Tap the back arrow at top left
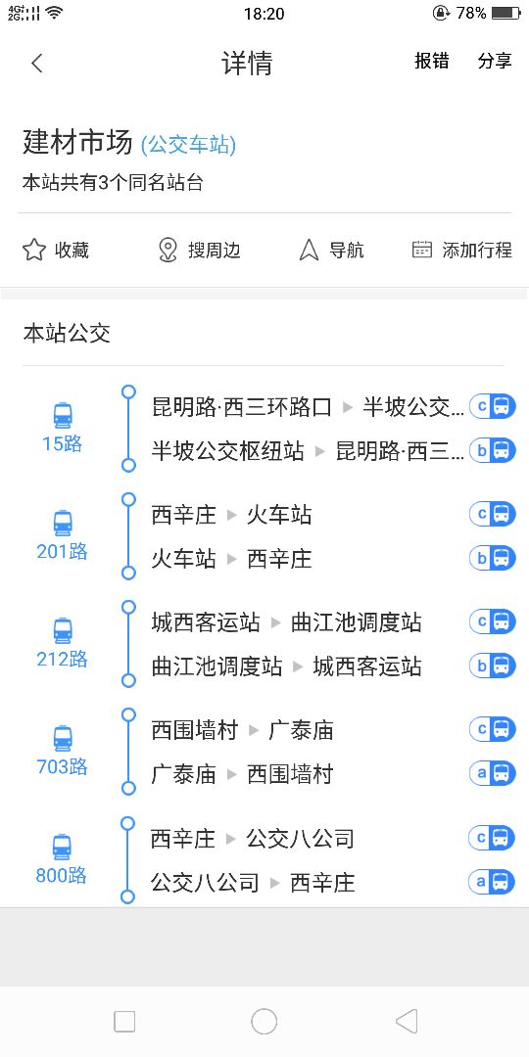click(37, 64)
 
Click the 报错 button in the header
click(432, 61)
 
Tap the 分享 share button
click(495, 61)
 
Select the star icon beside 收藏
click(33, 251)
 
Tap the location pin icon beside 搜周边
click(168, 251)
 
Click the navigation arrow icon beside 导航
click(309, 251)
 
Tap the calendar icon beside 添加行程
click(421, 250)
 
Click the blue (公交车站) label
click(188, 144)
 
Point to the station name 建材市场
click(77, 142)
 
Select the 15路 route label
click(62, 443)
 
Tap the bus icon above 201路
click(62, 523)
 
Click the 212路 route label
click(62, 659)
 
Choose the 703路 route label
click(62, 766)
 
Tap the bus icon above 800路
click(62, 847)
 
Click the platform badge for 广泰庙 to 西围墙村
click(493, 773)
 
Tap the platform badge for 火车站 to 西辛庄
click(493, 558)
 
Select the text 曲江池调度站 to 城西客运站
click(286, 666)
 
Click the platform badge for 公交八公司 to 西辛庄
click(492, 881)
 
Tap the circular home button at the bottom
click(264, 1021)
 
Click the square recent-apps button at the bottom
click(124, 1021)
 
